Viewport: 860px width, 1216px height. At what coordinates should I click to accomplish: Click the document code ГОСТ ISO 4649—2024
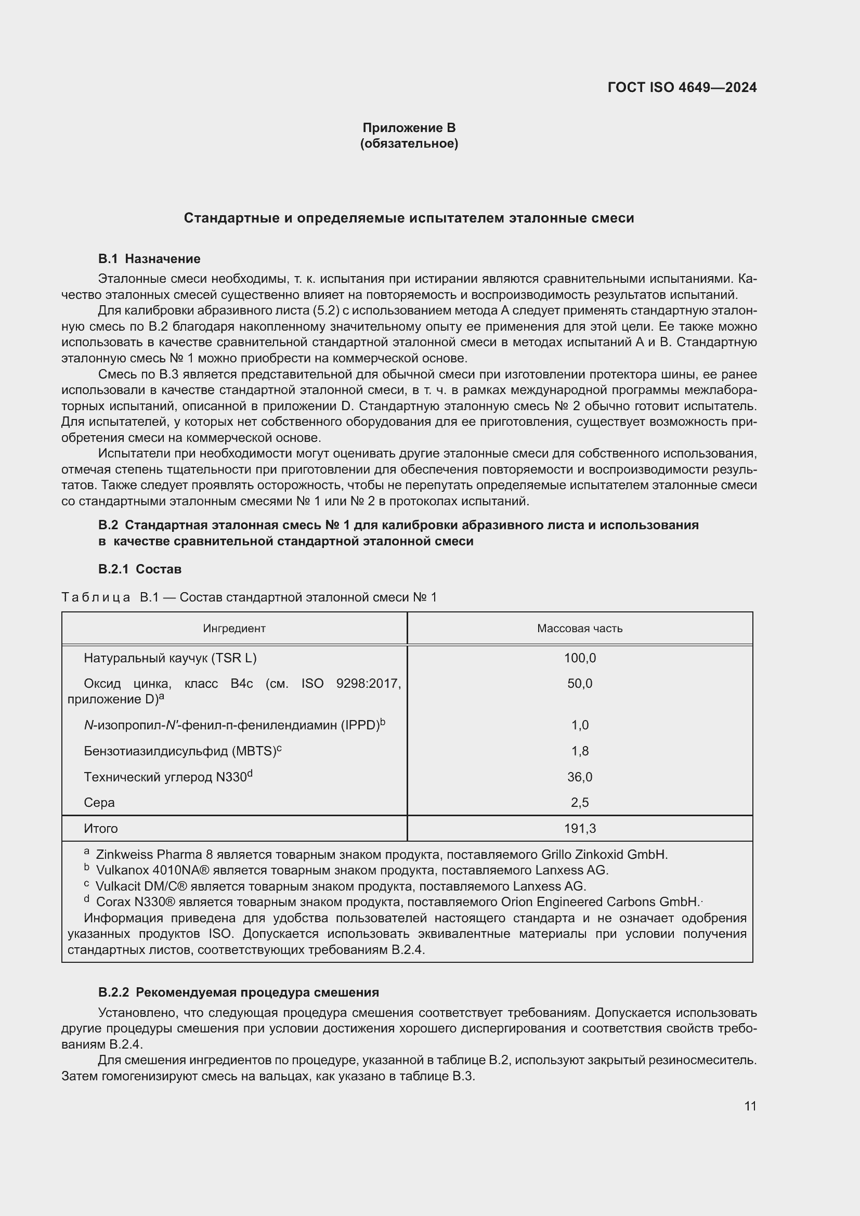682,87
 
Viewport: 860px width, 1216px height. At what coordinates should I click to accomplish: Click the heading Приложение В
409,128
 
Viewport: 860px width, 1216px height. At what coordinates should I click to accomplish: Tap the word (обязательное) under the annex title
409,143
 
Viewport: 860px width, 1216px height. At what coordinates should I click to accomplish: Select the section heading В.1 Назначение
149,258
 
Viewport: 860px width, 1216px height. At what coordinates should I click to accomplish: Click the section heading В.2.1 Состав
140,569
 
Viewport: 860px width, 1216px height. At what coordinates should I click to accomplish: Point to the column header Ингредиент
234,628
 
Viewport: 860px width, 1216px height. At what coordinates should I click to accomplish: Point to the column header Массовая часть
579,628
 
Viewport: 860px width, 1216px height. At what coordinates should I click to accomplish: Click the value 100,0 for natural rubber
579,658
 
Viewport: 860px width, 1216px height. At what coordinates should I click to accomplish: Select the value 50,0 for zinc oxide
579,683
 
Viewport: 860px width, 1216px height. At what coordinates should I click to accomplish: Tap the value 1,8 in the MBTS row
579,751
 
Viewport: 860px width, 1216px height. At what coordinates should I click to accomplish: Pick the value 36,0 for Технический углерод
579,777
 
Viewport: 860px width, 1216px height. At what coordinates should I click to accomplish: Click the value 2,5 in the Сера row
579,802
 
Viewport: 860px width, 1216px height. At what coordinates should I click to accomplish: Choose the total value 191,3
579,828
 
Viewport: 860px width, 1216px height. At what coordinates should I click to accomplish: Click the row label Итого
101,828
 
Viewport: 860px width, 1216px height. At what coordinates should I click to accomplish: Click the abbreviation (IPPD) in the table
360,725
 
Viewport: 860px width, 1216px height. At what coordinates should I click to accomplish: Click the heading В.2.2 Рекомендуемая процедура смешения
238,992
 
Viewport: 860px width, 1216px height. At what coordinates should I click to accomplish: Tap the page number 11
750,1106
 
